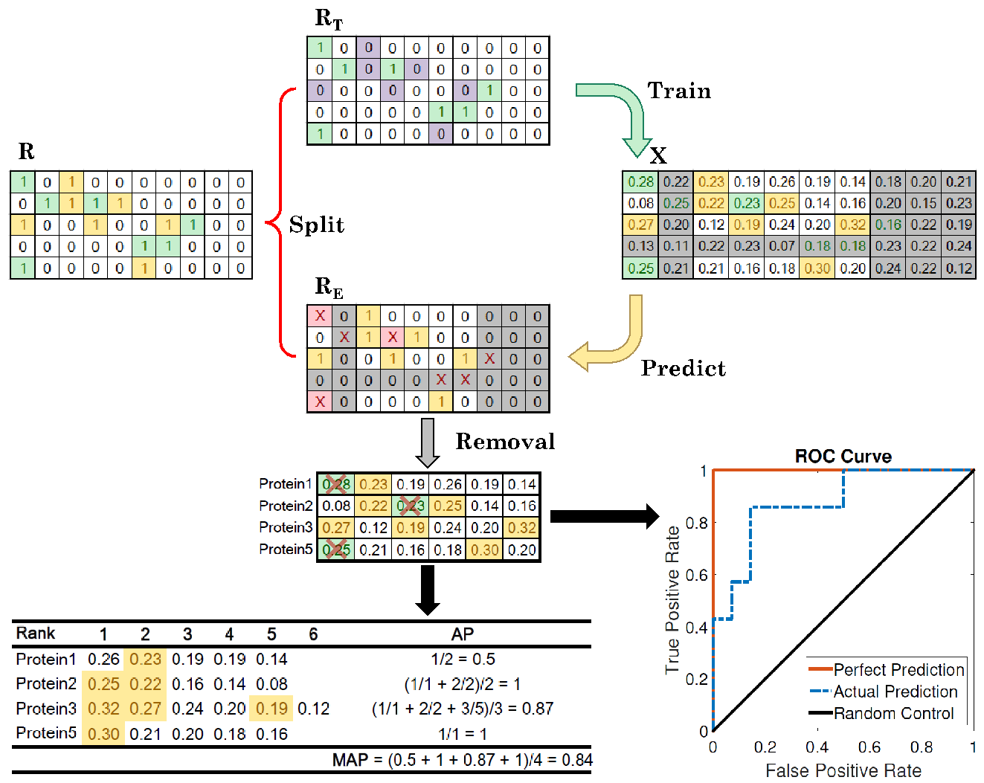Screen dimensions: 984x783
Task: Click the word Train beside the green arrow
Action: click(678, 91)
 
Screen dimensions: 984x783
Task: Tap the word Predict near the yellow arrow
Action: click(683, 368)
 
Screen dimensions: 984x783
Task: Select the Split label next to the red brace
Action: click(316, 225)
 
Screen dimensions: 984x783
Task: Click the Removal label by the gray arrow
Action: click(505, 441)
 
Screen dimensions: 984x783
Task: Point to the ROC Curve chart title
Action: click(843, 456)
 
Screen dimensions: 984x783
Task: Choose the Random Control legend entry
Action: click(881, 713)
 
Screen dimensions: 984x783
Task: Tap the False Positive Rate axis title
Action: click(843, 770)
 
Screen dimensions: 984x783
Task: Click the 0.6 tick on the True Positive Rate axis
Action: click(696, 575)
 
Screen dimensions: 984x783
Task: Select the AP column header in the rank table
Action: click(463, 634)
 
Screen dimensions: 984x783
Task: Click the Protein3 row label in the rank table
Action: click(45, 708)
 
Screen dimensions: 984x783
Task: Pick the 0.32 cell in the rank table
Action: click(103, 709)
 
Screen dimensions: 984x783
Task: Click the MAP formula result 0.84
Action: click(577, 760)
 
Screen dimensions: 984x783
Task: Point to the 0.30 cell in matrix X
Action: click(817, 268)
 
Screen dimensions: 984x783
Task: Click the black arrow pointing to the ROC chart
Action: click(605, 516)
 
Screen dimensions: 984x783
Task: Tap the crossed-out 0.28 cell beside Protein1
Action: click(335, 484)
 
